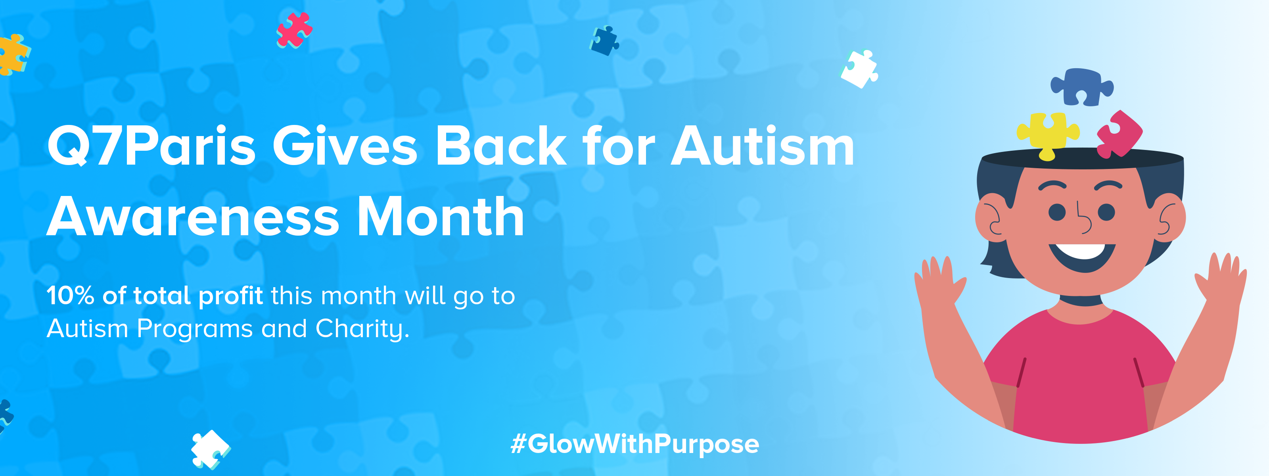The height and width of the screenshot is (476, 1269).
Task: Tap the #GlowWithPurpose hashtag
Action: (634, 444)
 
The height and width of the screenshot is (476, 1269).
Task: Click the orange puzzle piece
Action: (13, 55)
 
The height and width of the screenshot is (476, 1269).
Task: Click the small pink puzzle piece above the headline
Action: (294, 30)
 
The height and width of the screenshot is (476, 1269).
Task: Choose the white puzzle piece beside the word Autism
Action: (859, 69)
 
